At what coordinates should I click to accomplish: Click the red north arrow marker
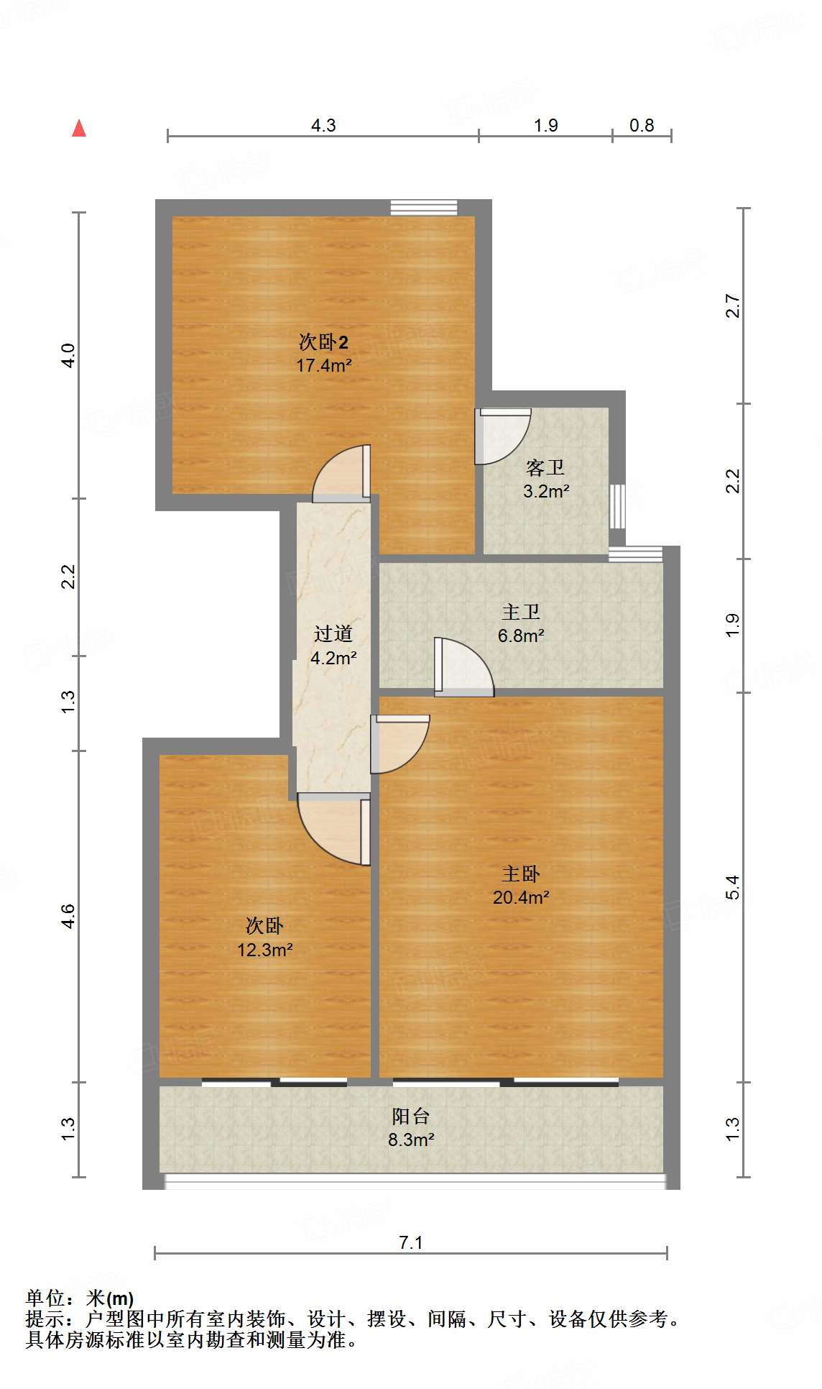coord(79,129)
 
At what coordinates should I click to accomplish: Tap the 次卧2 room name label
coord(323,341)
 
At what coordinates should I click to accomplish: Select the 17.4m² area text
coord(323,365)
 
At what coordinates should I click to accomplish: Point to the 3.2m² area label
coord(546,492)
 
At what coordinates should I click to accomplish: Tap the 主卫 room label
coord(521,612)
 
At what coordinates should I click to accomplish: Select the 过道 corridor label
coord(333,633)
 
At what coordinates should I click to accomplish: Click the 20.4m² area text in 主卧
coord(521,897)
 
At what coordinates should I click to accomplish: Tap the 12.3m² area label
coord(264,950)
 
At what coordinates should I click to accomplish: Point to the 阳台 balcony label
coord(411,1116)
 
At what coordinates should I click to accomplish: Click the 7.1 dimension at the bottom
coord(411,1242)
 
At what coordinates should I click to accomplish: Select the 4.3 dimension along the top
coord(323,126)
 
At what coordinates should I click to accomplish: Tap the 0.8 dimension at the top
coord(642,126)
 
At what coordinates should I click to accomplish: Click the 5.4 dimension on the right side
coord(732,887)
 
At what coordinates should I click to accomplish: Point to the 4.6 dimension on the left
coord(68,916)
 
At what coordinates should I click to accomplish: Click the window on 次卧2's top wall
coord(424,208)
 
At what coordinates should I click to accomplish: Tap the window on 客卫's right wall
coord(617,506)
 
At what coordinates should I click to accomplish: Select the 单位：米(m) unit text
coord(80,1298)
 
